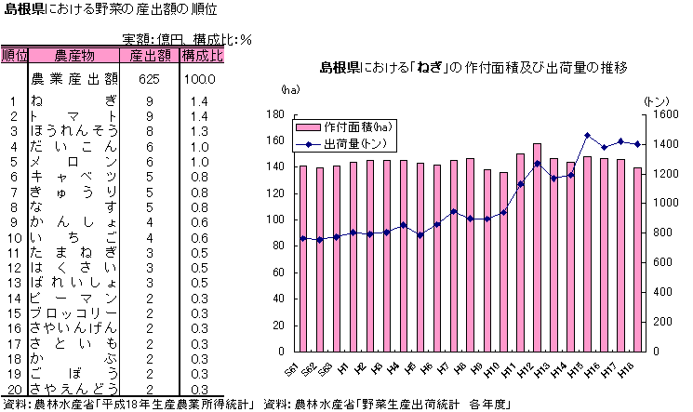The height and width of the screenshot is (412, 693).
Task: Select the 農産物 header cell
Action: (74, 56)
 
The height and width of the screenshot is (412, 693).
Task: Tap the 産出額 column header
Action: (149, 56)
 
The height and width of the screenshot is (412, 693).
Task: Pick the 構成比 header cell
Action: (202, 56)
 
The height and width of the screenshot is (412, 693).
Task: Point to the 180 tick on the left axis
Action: (275, 114)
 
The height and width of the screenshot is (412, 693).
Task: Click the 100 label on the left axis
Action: (275, 219)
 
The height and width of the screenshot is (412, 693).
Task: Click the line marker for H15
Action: (587, 136)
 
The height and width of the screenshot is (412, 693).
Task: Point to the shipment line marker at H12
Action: (537, 164)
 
